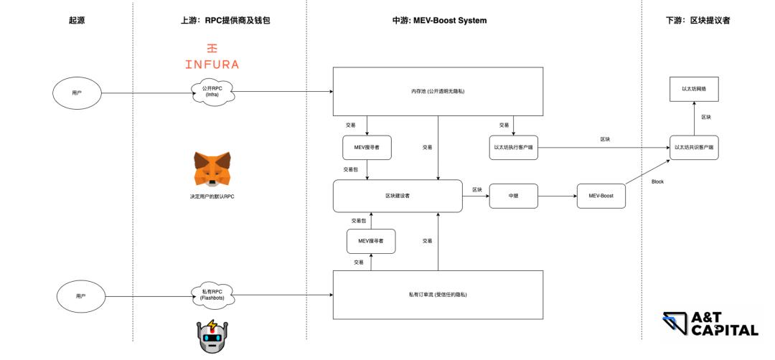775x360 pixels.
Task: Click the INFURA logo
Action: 212,57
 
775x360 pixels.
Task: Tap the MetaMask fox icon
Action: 212,169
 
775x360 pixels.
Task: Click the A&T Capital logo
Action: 710,324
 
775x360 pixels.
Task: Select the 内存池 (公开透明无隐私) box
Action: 437,91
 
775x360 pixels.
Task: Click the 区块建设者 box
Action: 398,196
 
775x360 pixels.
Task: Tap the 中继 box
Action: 513,196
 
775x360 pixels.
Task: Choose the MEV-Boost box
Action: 601,196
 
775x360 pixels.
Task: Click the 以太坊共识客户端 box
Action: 695,147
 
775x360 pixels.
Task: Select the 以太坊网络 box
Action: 694,89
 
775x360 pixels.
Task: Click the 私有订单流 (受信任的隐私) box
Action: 437,295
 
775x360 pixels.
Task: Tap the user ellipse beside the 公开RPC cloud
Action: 77,93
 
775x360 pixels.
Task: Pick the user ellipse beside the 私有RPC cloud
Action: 80,295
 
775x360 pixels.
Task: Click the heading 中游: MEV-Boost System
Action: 439,21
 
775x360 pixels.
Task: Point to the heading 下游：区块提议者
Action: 697,21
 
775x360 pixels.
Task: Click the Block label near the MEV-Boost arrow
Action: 657,182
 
